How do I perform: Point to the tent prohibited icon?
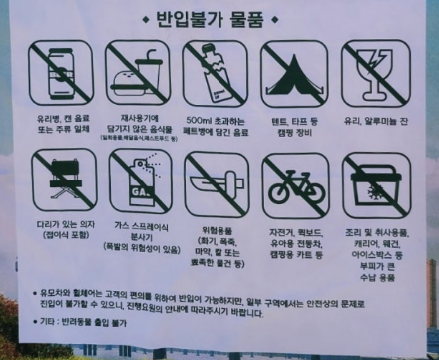point(294,74)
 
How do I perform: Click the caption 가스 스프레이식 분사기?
point(141,233)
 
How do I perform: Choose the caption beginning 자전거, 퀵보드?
point(295,228)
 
